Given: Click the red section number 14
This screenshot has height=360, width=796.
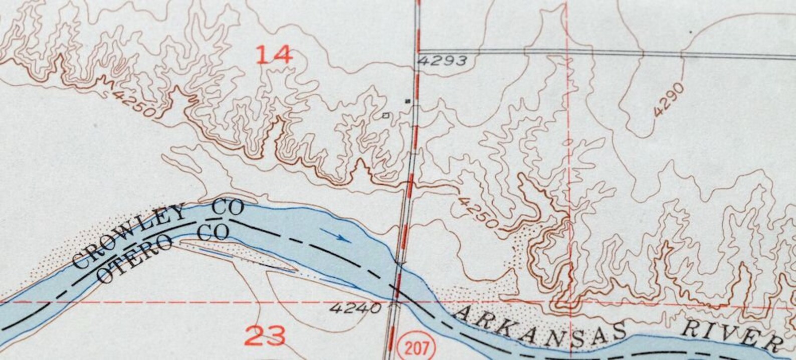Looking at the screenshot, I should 274,54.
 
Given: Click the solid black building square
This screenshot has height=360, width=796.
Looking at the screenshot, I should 408,101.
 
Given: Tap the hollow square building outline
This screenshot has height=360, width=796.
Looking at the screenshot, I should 385,116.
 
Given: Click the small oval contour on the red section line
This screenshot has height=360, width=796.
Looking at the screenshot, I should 568,142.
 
